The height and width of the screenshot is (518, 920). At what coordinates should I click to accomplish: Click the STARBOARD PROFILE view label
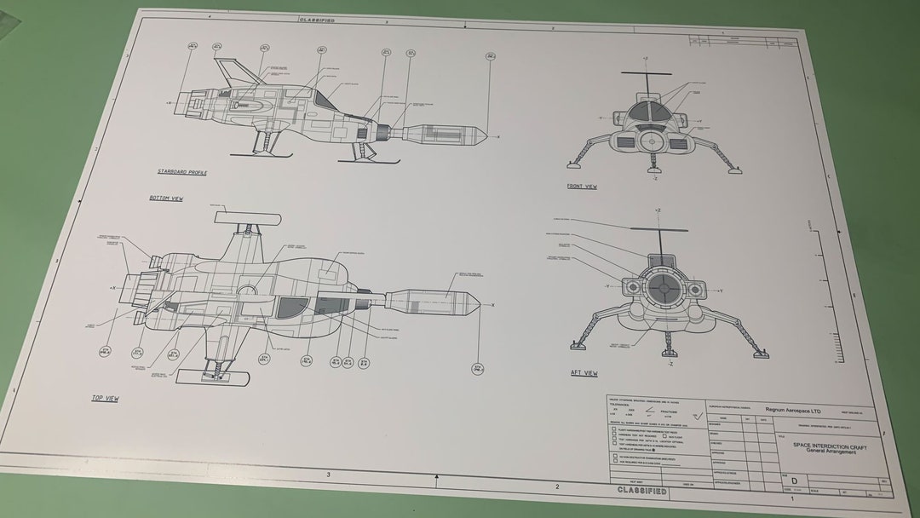pos(181,172)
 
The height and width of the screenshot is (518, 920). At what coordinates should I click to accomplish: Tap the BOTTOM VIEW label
pos(166,199)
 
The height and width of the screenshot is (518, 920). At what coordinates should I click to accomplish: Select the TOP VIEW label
pos(105,398)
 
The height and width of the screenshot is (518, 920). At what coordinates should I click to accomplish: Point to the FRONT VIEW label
pos(582,186)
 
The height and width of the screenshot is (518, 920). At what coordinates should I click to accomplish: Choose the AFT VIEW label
pos(584,373)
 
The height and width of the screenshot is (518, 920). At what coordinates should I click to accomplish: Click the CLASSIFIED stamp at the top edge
pos(316,19)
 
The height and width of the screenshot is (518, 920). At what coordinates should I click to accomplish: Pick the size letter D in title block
pos(794,481)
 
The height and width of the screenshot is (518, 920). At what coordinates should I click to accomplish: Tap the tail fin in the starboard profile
pos(227,72)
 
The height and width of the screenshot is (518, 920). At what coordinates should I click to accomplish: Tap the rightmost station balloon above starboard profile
pos(492,56)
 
